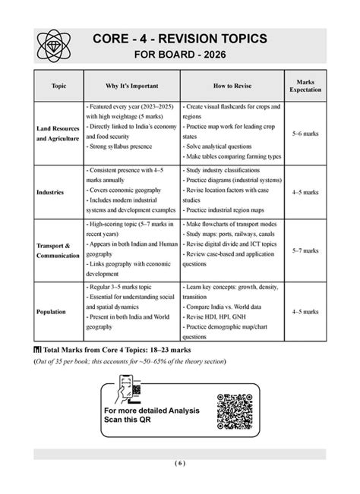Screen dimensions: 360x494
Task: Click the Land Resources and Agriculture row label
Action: click(x=58, y=134)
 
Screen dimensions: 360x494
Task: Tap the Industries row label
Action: click(x=50, y=192)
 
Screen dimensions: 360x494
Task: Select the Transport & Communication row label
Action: click(x=58, y=250)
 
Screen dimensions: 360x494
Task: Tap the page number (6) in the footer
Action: click(x=179, y=464)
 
